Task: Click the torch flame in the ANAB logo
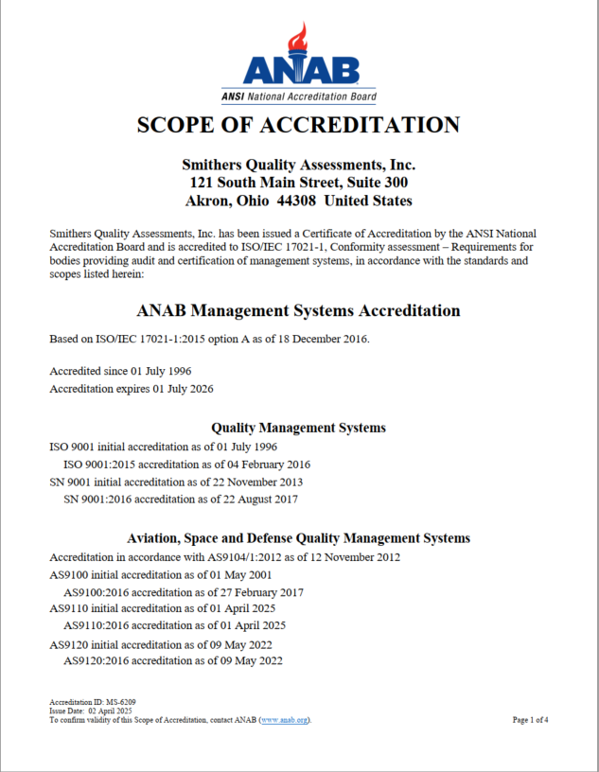click(x=300, y=39)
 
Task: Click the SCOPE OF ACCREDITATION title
click(x=299, y=125)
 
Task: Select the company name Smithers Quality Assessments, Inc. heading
click(x=299, y=164)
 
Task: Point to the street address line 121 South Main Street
click(x=299, y=182)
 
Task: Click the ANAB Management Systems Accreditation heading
click(x=299, y=310)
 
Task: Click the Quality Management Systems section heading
click(x=299, y=428)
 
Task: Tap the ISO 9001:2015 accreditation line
click(x=186, y=465)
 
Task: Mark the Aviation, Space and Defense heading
click(x=299, y=537)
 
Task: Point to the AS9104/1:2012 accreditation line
click(x=224, y=556)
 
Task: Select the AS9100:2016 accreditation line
click(x=184, y=592)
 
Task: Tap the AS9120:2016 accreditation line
click(x=172, y=661)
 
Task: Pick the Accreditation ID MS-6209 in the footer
click(x=86, y=702)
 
